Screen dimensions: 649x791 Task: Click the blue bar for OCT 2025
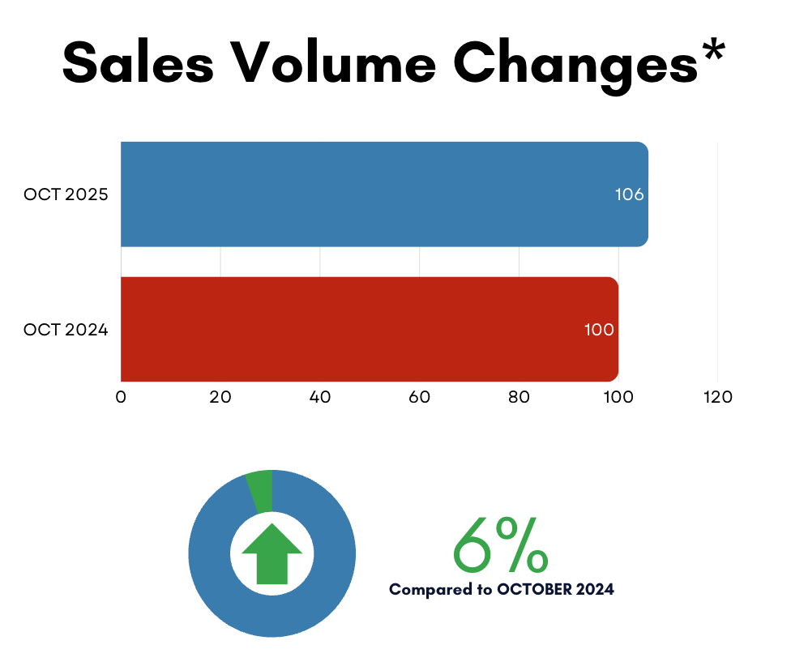pos(381,194)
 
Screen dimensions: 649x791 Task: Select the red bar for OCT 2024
pos(365,329)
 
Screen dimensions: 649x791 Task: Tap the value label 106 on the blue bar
pos(629,195)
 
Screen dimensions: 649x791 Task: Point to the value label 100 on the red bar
pos(599,330)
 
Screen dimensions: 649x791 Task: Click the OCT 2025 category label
pos(66,195)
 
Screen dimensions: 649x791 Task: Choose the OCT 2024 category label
pos(66,330)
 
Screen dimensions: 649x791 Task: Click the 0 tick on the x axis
pos(121,398)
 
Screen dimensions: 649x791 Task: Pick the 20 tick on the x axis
pos(220,398)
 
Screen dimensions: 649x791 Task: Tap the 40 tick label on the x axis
pos(320,398)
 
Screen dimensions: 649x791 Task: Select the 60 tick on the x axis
pos(419,398)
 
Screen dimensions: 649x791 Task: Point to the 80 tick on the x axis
pos(519,398)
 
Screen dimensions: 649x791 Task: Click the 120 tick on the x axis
pos(717,398)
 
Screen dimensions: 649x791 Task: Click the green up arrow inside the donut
pos(272,553)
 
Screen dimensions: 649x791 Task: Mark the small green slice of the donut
pos(260,490)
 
